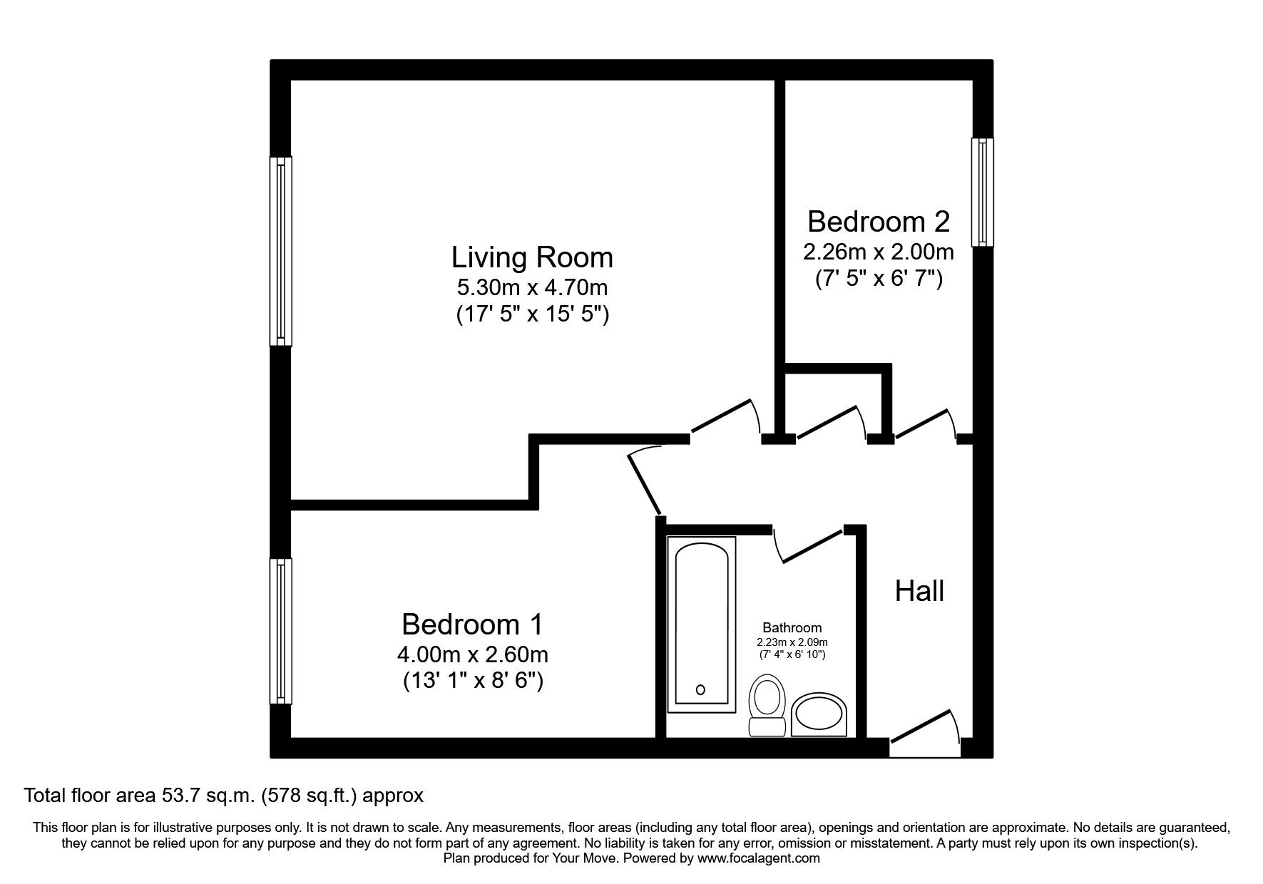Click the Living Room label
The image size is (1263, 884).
pos(532,257)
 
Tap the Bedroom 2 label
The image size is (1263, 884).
pos(878,222)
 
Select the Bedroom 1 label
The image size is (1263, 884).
pos(472,625)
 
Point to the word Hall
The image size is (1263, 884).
pos(919,592)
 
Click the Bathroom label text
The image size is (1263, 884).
pos(792,628)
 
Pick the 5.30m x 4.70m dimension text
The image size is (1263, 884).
pos(532,288)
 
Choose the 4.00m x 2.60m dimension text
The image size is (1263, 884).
pos(472,654)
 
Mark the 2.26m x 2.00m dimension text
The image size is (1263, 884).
pos(878,252)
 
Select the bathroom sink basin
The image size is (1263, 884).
pos(820,715)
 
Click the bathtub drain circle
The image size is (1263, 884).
pos(700,689)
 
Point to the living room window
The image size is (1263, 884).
pos(280,251)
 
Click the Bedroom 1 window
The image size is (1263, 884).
pos(280,631)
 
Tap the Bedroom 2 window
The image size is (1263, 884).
pos(982,192)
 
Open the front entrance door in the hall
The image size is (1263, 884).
pos(923,727)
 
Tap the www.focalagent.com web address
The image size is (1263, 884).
pos(759,858)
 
